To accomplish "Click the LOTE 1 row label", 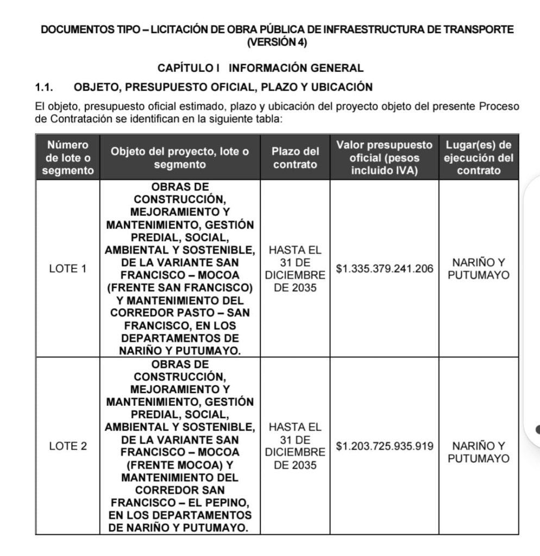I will [x=67, y=269].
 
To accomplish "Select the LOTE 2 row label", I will [x=67, y=446].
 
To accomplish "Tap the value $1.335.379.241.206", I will [x=385, y=269].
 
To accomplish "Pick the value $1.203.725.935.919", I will [x=385, y=446].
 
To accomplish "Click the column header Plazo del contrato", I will [x=295, y=157].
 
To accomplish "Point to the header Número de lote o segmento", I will [x=67, y=157].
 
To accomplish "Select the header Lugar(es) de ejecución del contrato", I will [x=478, y=157].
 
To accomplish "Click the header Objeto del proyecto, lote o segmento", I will [x=180, y=157].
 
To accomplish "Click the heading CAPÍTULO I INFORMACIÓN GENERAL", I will [x=260, y=68].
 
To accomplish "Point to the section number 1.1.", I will [x=44, y=87].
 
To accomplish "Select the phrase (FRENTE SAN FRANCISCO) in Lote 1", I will [x=180, y=287].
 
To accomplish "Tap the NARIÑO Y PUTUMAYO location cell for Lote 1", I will [x=478, y=269].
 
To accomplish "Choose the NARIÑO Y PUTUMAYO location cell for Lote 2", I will [x=478, y=452].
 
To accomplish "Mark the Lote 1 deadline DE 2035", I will [x=295, y=288].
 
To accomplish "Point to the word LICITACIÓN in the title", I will [x=177, y=29].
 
